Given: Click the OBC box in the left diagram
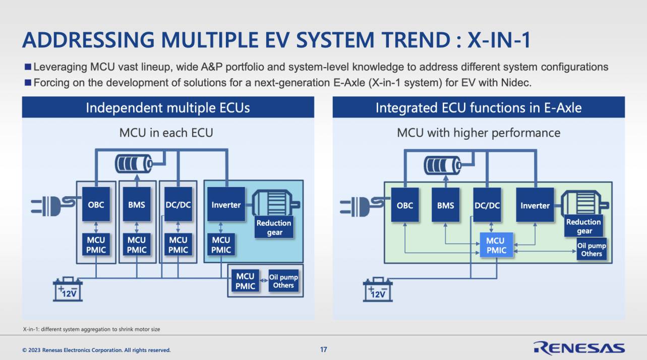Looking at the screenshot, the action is tap(96, 204).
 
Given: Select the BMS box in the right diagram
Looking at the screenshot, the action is tap(445, 205).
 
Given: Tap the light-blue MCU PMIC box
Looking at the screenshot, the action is tap(496, 245).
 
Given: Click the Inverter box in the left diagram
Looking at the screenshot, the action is tap(226, 204).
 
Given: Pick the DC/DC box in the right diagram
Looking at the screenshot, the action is tap(487, 205).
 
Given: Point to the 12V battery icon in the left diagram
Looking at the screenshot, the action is tap(68, 289).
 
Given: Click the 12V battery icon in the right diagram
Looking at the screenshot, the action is tap(378, 289).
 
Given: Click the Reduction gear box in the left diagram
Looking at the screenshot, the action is tap(274, 227).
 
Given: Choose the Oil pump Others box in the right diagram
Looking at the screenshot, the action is tap(592, 250).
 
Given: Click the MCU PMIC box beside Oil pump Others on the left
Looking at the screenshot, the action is tap(245, 281).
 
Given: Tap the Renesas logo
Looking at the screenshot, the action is tap(579, 348).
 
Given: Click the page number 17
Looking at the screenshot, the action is tap(324, 349).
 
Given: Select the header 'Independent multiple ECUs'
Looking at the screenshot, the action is tap(168, 108).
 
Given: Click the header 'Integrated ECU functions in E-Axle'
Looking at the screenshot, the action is tap(479, 108).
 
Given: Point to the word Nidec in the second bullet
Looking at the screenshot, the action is tap(516, 83).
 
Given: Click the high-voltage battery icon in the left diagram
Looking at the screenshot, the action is tap(134, 164).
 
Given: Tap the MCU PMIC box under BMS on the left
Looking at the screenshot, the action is tap(137, 245).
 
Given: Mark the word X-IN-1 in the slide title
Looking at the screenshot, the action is tap(499, 40).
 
